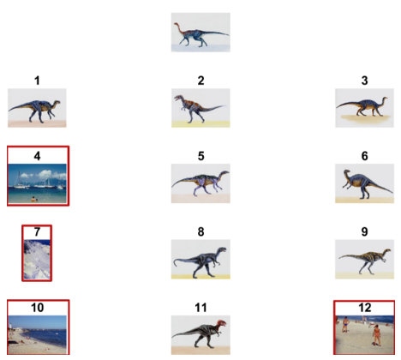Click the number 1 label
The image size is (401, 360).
(x=37, y=81)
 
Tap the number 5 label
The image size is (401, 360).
(x=200, y=156)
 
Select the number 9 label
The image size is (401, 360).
(x=364, y=231)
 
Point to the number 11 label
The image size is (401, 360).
(x=200, y=308)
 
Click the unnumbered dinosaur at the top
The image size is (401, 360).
(x=200, y=33)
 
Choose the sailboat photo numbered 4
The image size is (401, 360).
(x=37, y=183)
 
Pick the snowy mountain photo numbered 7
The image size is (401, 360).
(x=37, y=259)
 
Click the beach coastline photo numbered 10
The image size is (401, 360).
(x=37, y=334)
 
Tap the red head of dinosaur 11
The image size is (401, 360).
(x=221, y=324)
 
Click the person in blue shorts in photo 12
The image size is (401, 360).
(x=345, y=324)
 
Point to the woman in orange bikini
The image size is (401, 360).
(x=377, y=335)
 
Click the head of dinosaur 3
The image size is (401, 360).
(x=385, y=99)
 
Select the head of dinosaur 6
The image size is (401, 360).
(x=346, y=172)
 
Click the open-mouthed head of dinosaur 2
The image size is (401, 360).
(x=179, y=99)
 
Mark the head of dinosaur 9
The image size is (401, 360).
(x=386, y=251)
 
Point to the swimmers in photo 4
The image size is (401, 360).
(x=34, y=199)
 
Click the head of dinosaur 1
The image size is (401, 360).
(x=57, y=102)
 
